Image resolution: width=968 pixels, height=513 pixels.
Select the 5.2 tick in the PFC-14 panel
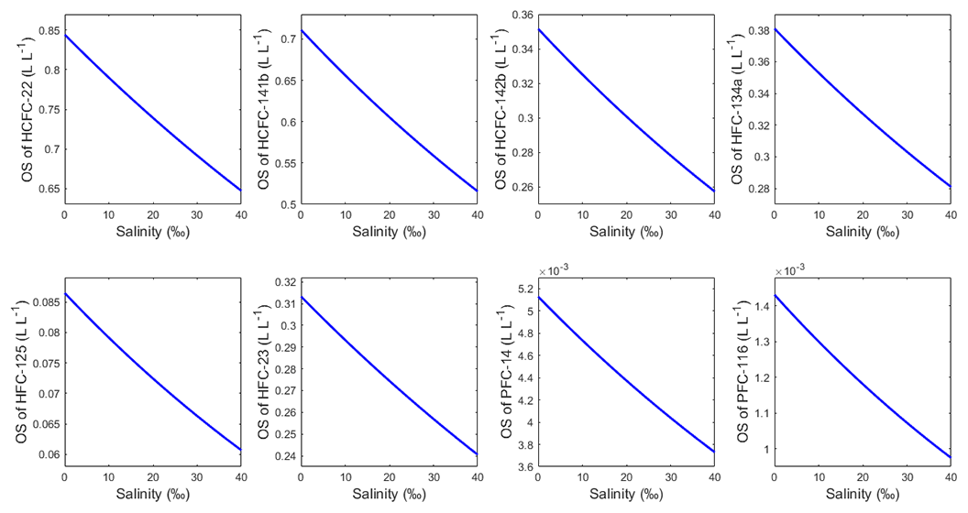tap(524, 289)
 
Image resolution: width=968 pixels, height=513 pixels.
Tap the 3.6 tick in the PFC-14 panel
tap(524, 467)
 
